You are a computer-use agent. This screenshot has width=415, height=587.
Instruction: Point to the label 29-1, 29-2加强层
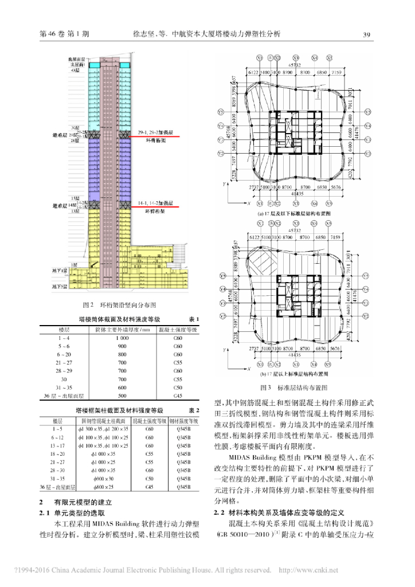point(154,132)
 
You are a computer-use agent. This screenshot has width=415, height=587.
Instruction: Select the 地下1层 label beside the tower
point(59,269)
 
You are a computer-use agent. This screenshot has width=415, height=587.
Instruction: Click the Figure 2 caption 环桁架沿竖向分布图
point(119,306)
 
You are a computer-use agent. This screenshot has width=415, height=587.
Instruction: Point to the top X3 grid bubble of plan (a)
point(296,58)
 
